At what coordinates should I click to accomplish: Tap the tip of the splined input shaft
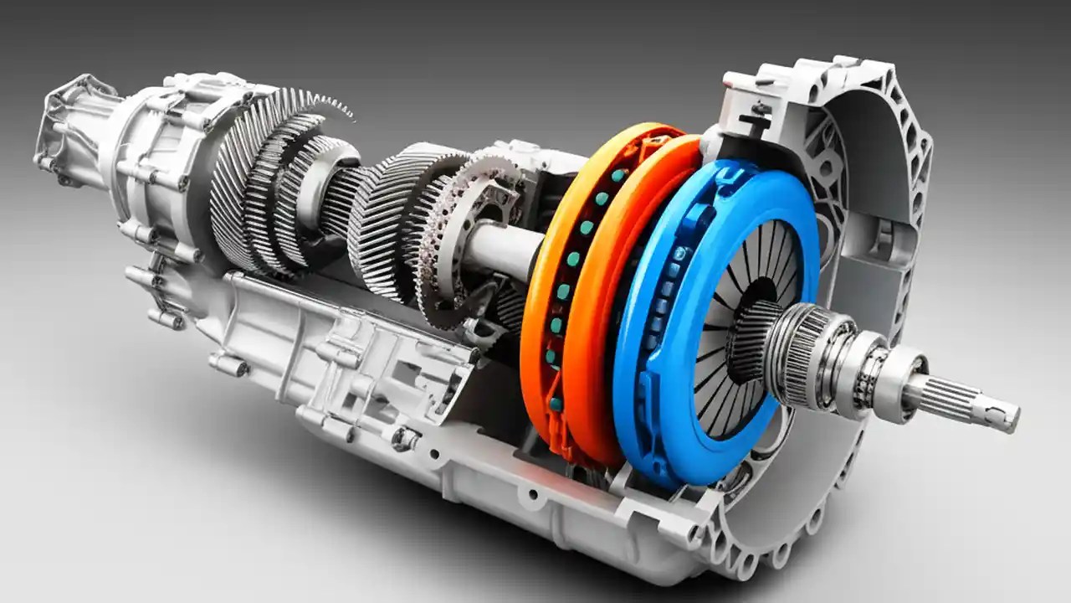(x=1008, y=416)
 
